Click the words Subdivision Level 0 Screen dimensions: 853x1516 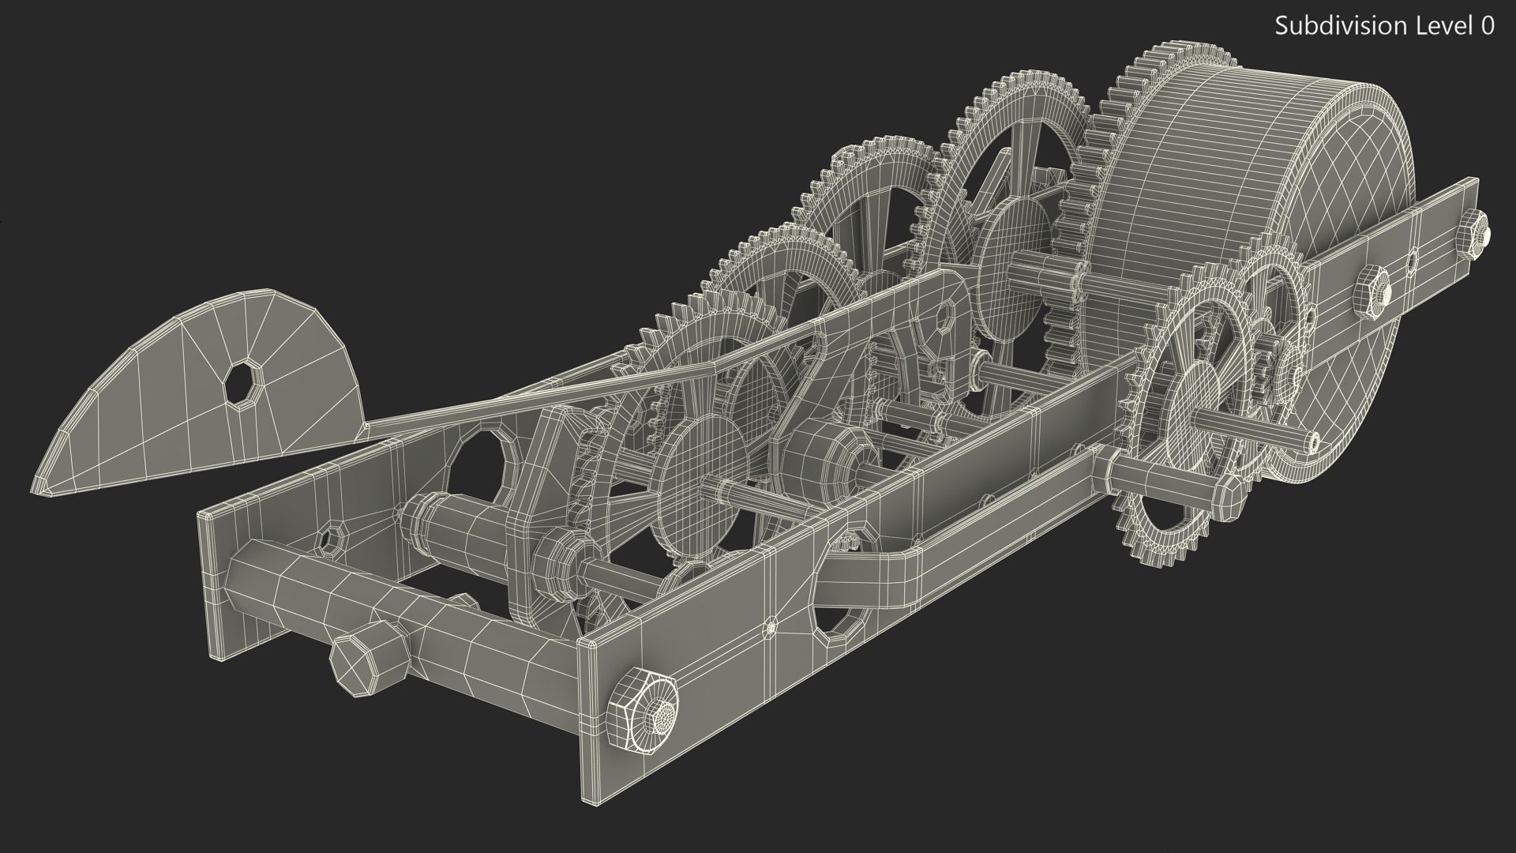[x=1384, y=26]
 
